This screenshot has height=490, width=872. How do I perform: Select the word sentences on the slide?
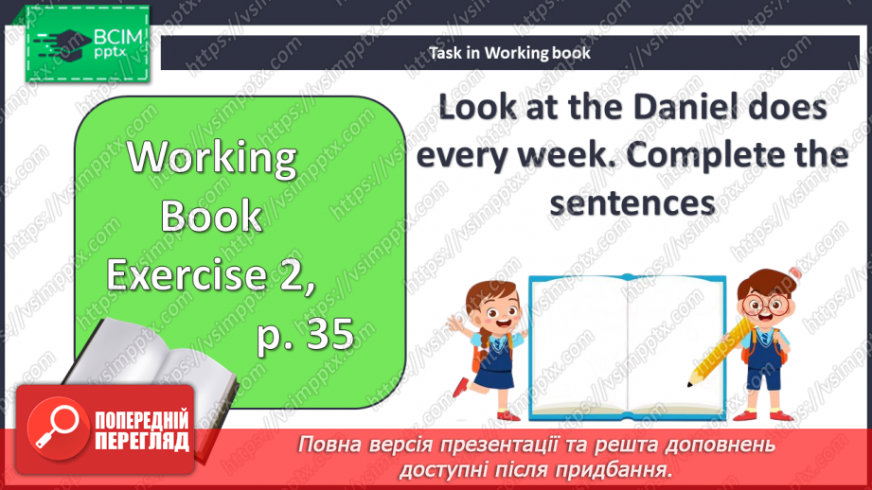(632, 203)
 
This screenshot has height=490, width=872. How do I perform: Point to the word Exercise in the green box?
(187, 274)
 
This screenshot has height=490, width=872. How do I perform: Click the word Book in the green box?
(211, 216)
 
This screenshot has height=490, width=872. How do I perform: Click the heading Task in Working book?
(509, 53)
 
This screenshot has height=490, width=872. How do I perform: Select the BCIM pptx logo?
(87, 44)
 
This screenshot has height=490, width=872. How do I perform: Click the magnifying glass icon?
(57, 428)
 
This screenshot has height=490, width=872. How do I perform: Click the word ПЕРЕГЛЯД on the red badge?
(142, 441)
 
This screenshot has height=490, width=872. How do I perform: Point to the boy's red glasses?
(767, 305)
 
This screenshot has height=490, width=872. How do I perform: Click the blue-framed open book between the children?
(628, 347)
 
